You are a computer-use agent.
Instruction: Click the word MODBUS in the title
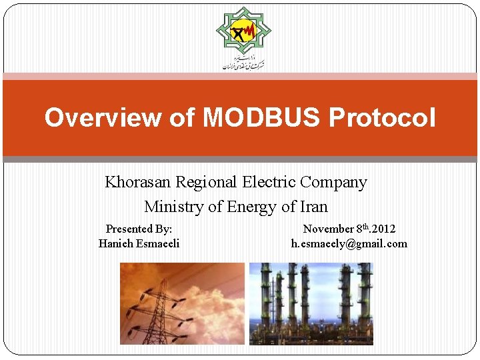pyautogui.click(x=261, y=118)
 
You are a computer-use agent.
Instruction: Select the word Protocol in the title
pyautogui.click(x=381, y=118)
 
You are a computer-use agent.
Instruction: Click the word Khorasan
pyautogui.click(x=137, y=182)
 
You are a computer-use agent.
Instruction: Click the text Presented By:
pyautogui.click(x=139, y=229)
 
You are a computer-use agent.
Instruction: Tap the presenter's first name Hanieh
pyautogui.click(x=116, y=243)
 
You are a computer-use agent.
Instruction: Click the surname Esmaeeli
pyautogui.click(x=158, y=243)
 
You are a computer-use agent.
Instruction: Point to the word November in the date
pyautogui.click(x=328, y=229)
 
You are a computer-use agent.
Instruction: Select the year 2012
pyautogui.click(x=383, y=229)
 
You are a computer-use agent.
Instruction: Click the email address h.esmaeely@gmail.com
pyautogui.click(x=349, y=243)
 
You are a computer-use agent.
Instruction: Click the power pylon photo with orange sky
pyautogui.click(x=182, y=303)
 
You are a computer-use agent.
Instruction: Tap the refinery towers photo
pyautogui.click(x=311, y=303)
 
